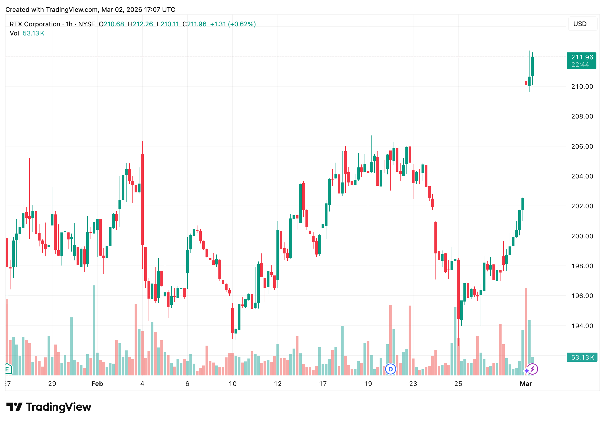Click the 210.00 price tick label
(582, 87)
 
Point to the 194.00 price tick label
(582, 326)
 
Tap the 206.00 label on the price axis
(582, 146)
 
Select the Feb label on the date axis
(97, 384)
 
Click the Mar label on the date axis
(526, 384)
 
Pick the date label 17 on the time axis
(323, 384)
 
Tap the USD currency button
(580, 24)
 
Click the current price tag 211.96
(582, 57)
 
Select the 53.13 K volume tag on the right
(582, 357)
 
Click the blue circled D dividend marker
(390, 369)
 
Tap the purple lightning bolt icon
(532, 369)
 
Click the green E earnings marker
(7, 369)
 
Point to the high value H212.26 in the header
(140, 24)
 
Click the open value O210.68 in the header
(111, 24)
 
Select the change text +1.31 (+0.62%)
(233, 24)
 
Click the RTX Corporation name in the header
(35, 24)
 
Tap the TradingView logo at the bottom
(49, 407)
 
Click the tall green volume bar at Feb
(94, 331)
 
